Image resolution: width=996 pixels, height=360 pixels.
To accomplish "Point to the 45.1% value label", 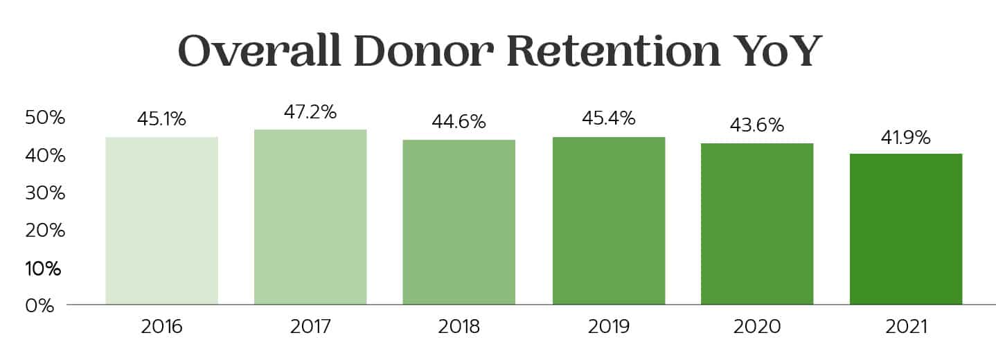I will pos(161,119).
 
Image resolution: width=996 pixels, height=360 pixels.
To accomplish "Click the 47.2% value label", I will pos(310,111).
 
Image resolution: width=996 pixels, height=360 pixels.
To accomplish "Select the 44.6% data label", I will pos(459,122).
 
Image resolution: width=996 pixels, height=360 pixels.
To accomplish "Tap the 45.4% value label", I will pos(609,118).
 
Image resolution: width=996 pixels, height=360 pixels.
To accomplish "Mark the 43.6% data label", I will pos(757,125).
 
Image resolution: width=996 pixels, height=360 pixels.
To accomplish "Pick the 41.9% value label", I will pos(906,138).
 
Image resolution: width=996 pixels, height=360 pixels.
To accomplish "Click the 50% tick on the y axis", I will pos(44,118).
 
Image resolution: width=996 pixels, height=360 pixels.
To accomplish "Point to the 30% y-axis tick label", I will pos(44,193).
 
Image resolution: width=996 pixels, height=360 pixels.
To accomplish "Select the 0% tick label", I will pos(39,305).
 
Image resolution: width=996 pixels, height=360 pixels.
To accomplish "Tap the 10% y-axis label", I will pos(44,268).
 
